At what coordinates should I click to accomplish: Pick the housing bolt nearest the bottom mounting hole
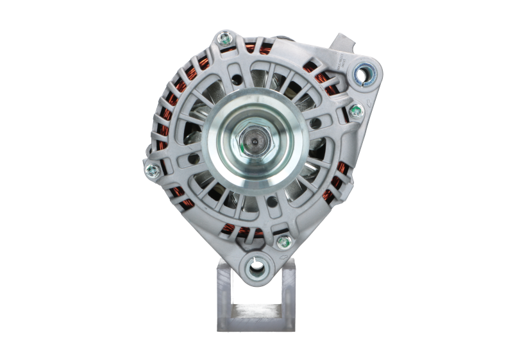point(283,242)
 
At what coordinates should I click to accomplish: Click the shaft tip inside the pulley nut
point(256,137)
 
